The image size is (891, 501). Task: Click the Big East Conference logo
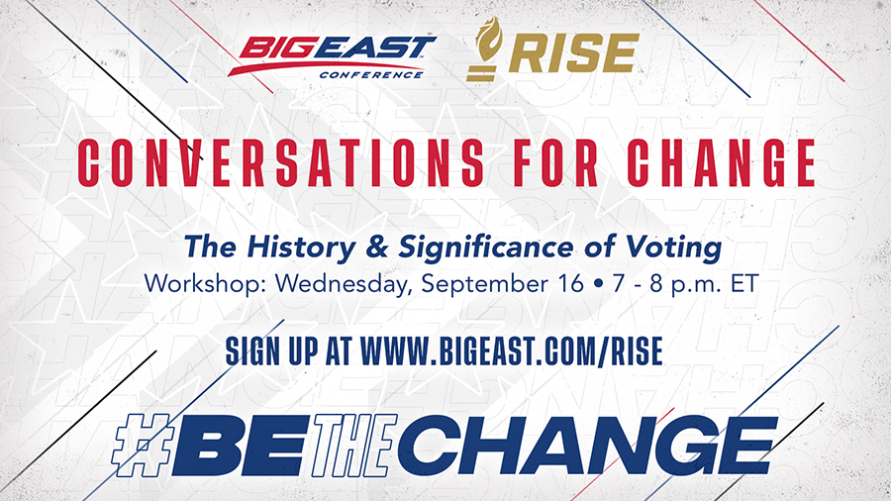coord(333,56)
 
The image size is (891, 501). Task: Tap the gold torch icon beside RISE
coord(484,49)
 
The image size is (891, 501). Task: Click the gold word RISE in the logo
coord(574,53)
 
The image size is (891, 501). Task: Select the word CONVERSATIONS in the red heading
coord(281,162)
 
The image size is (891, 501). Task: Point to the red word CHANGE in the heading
coord(722,162)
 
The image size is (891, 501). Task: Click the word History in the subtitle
coord(301,248)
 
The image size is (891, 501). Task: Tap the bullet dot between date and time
coord(598,284)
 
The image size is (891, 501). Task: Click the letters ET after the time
coord(744,283)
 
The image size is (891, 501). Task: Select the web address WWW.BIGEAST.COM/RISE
coord(512,351)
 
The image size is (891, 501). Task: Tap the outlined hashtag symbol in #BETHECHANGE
coord(141,445)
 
